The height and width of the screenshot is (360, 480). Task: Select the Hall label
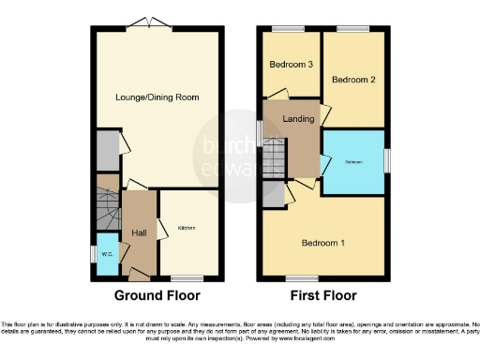point(139,232)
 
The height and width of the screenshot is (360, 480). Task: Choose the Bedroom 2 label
point(353,80)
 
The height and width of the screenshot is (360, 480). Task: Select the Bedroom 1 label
point(322,244)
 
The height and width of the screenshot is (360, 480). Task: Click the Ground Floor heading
point(157,294)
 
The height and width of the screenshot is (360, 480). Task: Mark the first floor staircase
point(273,158)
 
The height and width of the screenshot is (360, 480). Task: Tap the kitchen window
point(187,277)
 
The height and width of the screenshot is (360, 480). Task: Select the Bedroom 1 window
point(302,277)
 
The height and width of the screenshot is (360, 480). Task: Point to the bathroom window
point(385,160)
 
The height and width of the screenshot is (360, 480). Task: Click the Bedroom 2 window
point(352,29)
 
